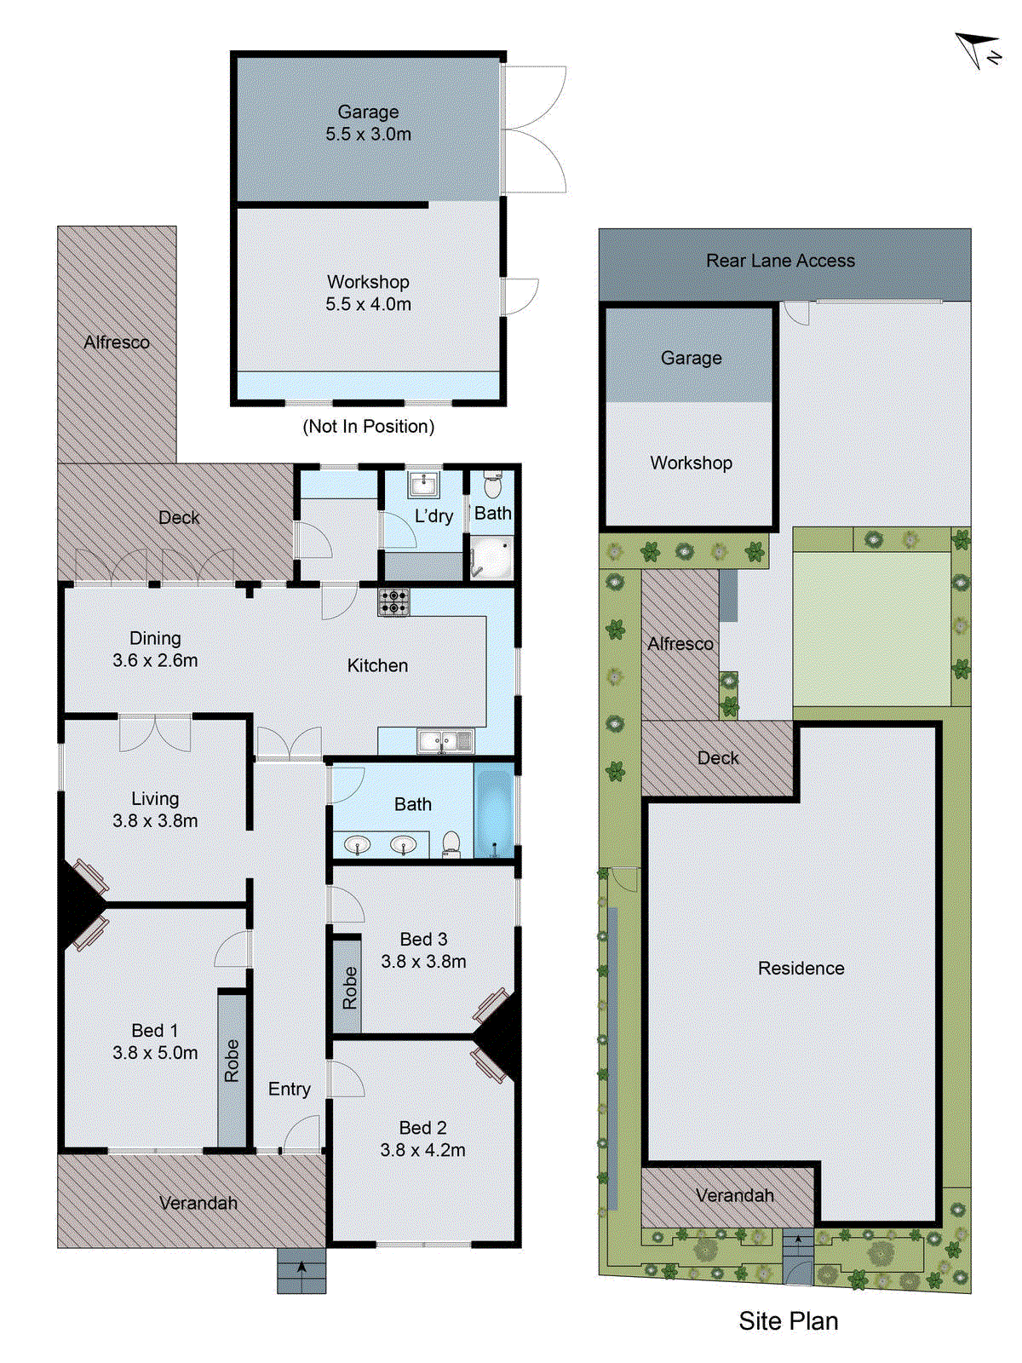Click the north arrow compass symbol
[978, 49]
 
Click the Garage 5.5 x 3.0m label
[368, 123]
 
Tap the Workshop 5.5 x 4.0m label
[368, 293]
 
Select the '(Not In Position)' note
[368, 426]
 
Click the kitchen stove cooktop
[393, 602]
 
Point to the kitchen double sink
[445, 741]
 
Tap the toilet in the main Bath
[451, 843]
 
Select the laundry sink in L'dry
[422, 485]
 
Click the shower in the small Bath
[493, 558]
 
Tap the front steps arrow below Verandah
[301, 1270]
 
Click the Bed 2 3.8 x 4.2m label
[422, 1139]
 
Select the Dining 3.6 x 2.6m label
[155, 649]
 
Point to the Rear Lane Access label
[780, 261]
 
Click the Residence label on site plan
[801, 969]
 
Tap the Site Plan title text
[788, 1321]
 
